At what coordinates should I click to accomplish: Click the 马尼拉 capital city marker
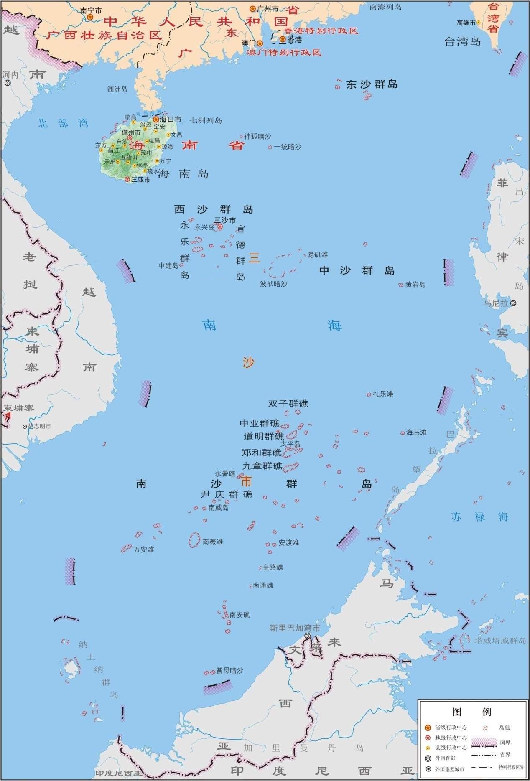(x=513, y=303)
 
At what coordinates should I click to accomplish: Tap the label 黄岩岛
(x=415, y=285)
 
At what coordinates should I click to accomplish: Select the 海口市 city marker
(x=156, y=119)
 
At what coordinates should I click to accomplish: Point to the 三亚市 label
(x=140, y=180)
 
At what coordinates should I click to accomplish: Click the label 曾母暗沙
(x=229, y=670)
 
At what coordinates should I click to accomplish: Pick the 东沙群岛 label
(x=372, y=84)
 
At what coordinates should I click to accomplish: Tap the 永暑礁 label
(x=225, y=473)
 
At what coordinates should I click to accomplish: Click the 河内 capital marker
(x=8, y=83)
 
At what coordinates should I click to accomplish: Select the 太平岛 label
(x=290, y=444)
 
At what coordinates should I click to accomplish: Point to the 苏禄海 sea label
(x=480, y=516)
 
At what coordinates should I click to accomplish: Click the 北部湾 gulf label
(x=63, y=123)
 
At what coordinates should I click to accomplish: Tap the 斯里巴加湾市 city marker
(x=308, y=636)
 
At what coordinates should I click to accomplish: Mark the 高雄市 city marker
(x=479, y=23)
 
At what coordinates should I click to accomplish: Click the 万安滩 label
(x=144, y=549)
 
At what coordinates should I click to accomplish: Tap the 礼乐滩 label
(x=383, y=394)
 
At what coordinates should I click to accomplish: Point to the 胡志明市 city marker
(x=25, y=427)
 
